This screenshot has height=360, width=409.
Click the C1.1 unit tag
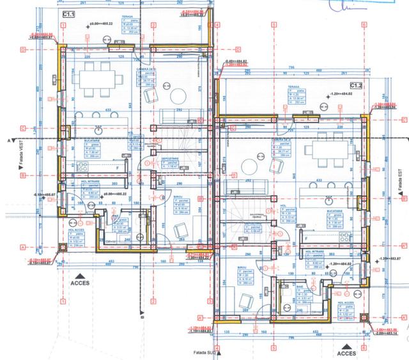pyautogui.click(x=68, y=13)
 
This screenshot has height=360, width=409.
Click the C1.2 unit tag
pyautogui.click(x=356, y=85)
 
